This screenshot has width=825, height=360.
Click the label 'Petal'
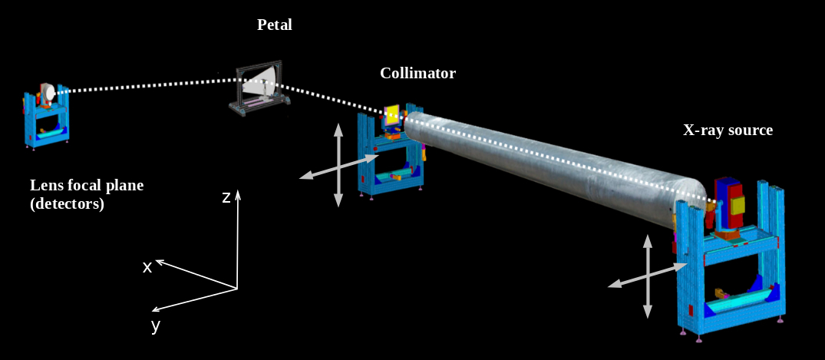[x=274, y=25]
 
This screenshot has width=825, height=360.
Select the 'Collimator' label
[x=417, y=74]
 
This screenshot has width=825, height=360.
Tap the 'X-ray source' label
[x=728, y=130]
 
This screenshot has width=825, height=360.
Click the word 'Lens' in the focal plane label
[x=46, y=186]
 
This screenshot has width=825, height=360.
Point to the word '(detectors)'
[x=67, y=204]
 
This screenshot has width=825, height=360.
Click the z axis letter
[x=226, y=197]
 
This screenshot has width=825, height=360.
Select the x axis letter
[x=147, y=267]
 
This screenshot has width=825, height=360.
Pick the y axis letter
[x=156, y=325]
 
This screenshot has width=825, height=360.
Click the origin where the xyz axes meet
[x=237, y=289]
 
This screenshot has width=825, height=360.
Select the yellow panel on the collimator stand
[x=392, y=114]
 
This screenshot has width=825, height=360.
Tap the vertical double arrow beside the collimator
[x=338, y=164]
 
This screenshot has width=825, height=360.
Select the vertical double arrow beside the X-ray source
[x=647, y=276]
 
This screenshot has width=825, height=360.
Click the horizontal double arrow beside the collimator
[x=338, y=167]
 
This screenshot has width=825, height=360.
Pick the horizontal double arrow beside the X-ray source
[x=647, y=275]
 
